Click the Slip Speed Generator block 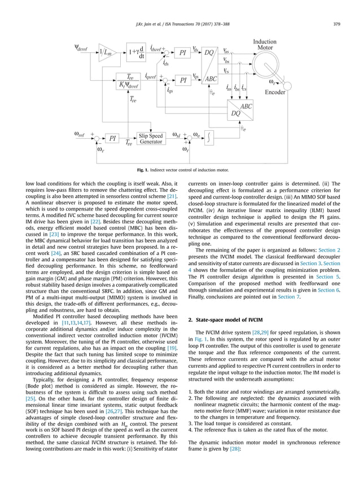(x=151, y=139)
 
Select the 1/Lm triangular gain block (x=107, y=52)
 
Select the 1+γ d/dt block (x=136, y=52)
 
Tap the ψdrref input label (x=84, y=47)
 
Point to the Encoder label (x=275, y=92)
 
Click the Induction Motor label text (x=265, y=45)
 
